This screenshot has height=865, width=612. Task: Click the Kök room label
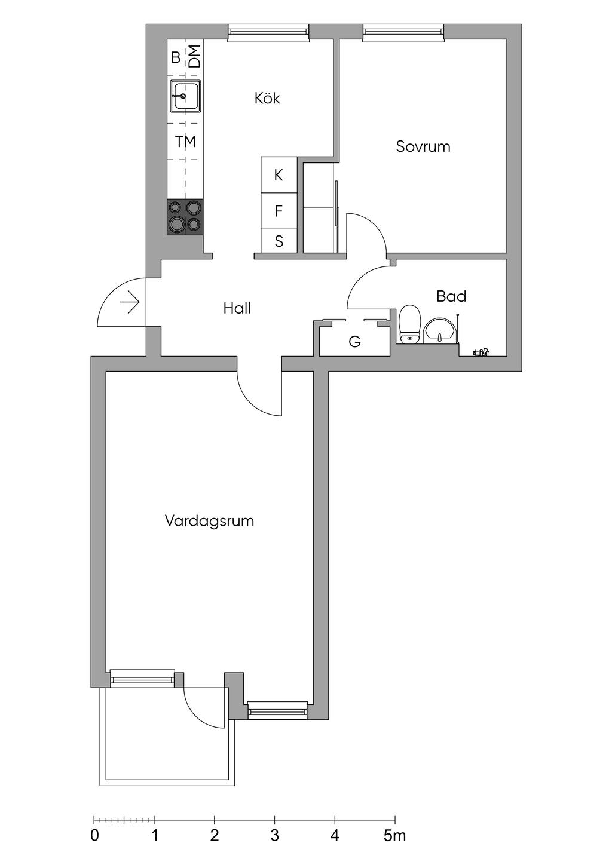267,98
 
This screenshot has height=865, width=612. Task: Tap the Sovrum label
423,146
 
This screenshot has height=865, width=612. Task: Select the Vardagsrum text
209,521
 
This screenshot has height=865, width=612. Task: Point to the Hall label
237,308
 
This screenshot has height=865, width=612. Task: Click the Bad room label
451,296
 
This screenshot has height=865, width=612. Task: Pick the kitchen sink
185,96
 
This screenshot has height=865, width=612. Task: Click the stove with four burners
185,217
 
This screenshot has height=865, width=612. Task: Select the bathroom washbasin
440,330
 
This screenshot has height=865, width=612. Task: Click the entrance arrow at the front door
130,303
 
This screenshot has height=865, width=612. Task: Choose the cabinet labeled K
279,175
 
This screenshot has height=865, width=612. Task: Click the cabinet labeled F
279,211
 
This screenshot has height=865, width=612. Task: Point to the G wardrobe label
355,342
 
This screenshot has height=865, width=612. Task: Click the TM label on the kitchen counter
186,142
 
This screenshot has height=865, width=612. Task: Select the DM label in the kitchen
195,57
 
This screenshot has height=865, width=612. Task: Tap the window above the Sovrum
403,32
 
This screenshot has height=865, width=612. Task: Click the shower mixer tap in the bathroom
482,352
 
